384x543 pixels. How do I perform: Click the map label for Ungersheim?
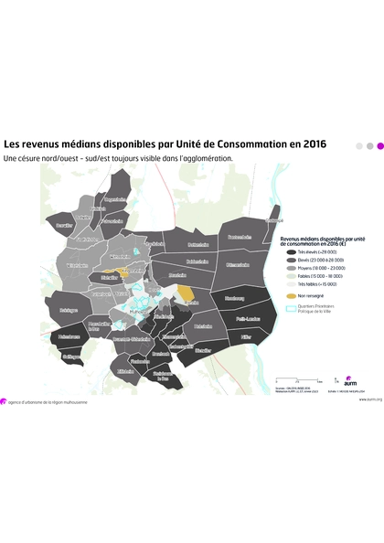(x=115, y=198)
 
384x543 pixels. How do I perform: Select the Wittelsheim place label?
(x=76, y=266)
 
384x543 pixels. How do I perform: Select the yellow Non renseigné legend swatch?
(x=291, y=295)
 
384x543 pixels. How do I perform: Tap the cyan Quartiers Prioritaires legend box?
(x=291, y=308)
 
